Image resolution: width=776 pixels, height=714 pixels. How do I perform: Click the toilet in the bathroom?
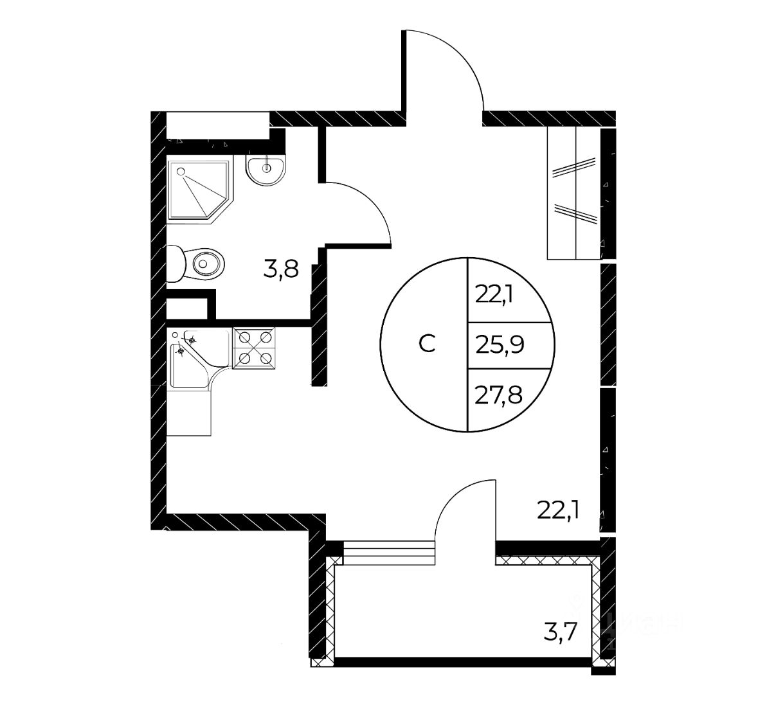[x=198, y=263]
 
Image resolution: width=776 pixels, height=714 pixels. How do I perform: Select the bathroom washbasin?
[x=266, y=170]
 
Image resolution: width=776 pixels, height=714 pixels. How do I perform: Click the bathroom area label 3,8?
[x=281, y=269]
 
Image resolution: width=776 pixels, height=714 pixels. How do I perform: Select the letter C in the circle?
[x=427, y=344]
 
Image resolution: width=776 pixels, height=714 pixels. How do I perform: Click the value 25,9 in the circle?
[x=501, y=346]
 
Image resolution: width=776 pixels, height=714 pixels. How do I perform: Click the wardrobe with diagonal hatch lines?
[x=573, y=193]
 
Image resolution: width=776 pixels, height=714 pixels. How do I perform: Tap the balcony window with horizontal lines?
[x=389, y=551]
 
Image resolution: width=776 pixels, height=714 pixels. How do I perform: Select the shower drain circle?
[x=181, y=172]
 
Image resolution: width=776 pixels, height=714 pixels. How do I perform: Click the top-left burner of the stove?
[x=245, y=337]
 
